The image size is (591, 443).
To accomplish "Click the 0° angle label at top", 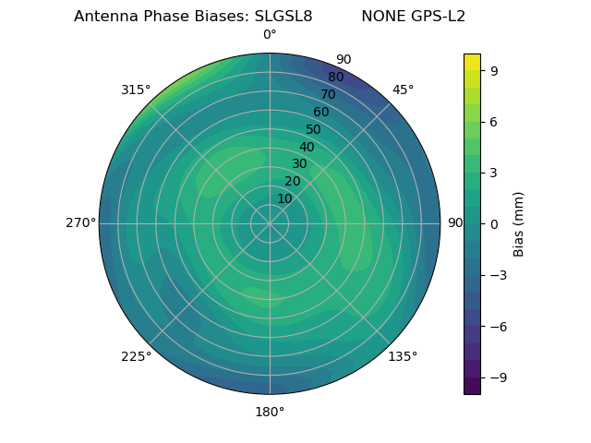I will [270, 35].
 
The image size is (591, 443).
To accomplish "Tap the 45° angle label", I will [403, 90].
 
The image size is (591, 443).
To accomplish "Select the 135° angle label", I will [403, 356].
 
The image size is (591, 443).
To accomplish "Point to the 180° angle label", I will [270, 412].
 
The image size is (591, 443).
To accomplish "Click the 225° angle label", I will [136, 356].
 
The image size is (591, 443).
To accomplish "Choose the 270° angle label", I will [80, 223].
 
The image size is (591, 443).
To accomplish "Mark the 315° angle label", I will [136, 90].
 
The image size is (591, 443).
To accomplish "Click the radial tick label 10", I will [284, 198].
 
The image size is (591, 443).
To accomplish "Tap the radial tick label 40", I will [307, 147].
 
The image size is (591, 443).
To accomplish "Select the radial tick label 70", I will [329, 94].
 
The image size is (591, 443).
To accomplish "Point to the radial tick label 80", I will [336, 77].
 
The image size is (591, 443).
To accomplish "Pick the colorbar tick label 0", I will [495, 223].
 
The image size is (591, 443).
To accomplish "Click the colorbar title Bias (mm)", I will [519, 223].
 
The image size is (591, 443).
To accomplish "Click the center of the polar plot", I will [270, 223].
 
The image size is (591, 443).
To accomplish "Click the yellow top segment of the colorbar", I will [472, 62].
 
